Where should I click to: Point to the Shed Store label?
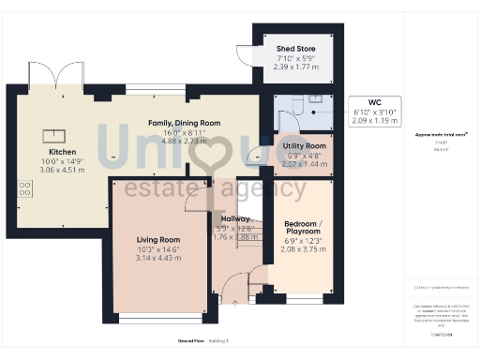[x=294, y=49]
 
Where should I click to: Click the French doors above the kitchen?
[x=70, y=75]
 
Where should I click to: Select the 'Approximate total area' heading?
[x=441, y=135]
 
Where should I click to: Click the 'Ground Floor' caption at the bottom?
[x=191, y=340]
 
